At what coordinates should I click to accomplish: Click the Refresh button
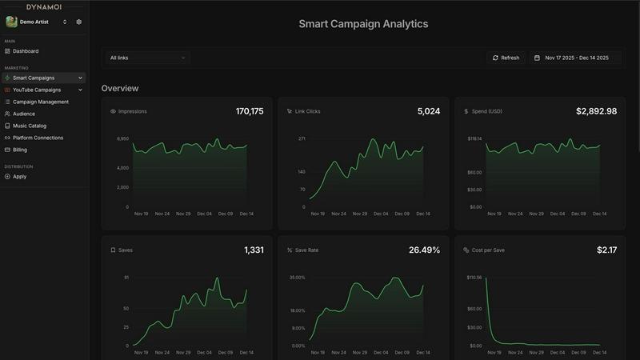pos(506,58)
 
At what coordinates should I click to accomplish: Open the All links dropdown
pos(147,58)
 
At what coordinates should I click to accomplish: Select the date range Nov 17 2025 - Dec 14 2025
pos(576,58)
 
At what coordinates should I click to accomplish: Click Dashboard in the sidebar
pos(26,51)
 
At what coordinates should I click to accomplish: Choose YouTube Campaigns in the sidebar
pos(37,90)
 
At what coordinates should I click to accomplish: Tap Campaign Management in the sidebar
pos(40,102)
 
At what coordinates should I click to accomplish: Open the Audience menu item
pos(24,114)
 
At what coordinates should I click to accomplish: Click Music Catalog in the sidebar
pos(30,126)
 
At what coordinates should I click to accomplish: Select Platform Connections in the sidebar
pos(38,138)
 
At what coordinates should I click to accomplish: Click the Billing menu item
pos(20,150)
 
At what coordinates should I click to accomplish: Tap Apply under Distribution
pos(19,176)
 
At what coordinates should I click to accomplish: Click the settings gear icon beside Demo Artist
pos(79,22)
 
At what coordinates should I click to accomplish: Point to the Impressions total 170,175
pos(250,111)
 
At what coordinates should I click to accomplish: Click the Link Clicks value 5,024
pos(428,111)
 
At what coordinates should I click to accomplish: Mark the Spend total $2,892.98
pos(596,111)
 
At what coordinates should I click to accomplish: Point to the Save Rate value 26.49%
pos(424,250)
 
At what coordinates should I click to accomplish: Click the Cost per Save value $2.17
pos(606,250)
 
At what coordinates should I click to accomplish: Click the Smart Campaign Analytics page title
pos(363,24)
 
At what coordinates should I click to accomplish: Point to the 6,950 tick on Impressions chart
pos(122,138)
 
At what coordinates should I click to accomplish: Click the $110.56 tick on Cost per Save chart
pos(474,278)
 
